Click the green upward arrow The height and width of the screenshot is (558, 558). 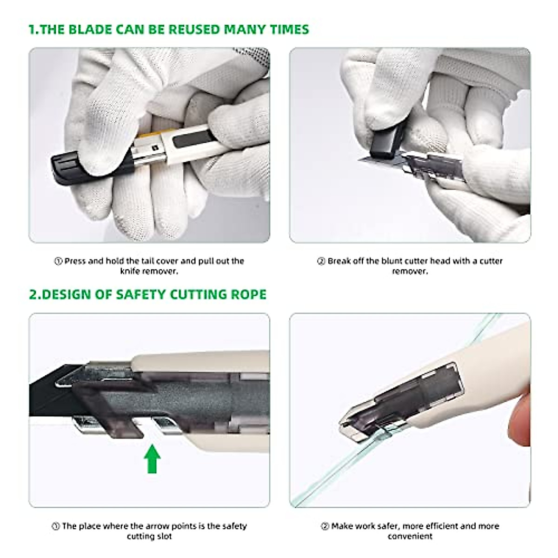152,458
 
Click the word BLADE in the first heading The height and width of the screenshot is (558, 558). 88,29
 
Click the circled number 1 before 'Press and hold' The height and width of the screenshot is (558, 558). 59,261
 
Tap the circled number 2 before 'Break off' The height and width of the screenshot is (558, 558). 321,261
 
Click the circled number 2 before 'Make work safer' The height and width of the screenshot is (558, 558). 325,526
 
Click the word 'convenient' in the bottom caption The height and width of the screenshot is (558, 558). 410,536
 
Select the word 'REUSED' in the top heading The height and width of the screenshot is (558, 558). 193,29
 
